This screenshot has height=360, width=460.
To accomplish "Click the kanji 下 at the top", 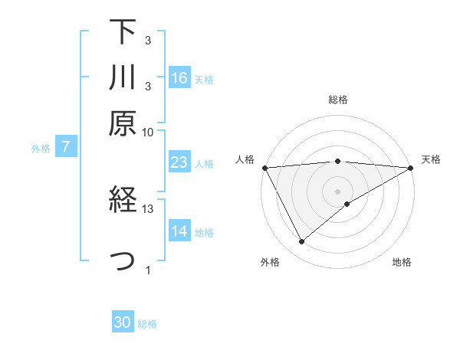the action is pos(123,32).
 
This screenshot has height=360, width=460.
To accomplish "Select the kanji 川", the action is pos(123,78).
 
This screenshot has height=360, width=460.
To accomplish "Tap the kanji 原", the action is pos(123,123).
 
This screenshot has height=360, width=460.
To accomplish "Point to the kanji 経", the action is pos(123,201).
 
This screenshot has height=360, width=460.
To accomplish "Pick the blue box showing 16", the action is pos(179,78).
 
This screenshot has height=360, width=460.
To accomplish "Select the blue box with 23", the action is pos(179,162).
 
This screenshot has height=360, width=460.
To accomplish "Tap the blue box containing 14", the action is pos(179,232).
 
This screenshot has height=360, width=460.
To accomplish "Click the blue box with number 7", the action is pos(66,148).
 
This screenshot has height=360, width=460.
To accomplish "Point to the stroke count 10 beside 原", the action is pos(148,132).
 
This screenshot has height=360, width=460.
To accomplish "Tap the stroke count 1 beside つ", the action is pos(148,270).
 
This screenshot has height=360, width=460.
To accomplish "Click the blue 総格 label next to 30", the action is pos(147,324).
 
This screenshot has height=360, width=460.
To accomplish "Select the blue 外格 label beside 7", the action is pos(41,149).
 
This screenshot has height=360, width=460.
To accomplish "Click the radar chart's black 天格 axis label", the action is pos(431,159).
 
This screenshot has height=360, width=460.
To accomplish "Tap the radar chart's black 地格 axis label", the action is pos(402,262).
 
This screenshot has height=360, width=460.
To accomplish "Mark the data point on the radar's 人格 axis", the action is pos(264,168).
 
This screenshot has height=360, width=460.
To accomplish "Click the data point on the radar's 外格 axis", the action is pos(301,242).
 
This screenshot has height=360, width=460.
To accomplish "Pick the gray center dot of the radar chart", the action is pos(337,191).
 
